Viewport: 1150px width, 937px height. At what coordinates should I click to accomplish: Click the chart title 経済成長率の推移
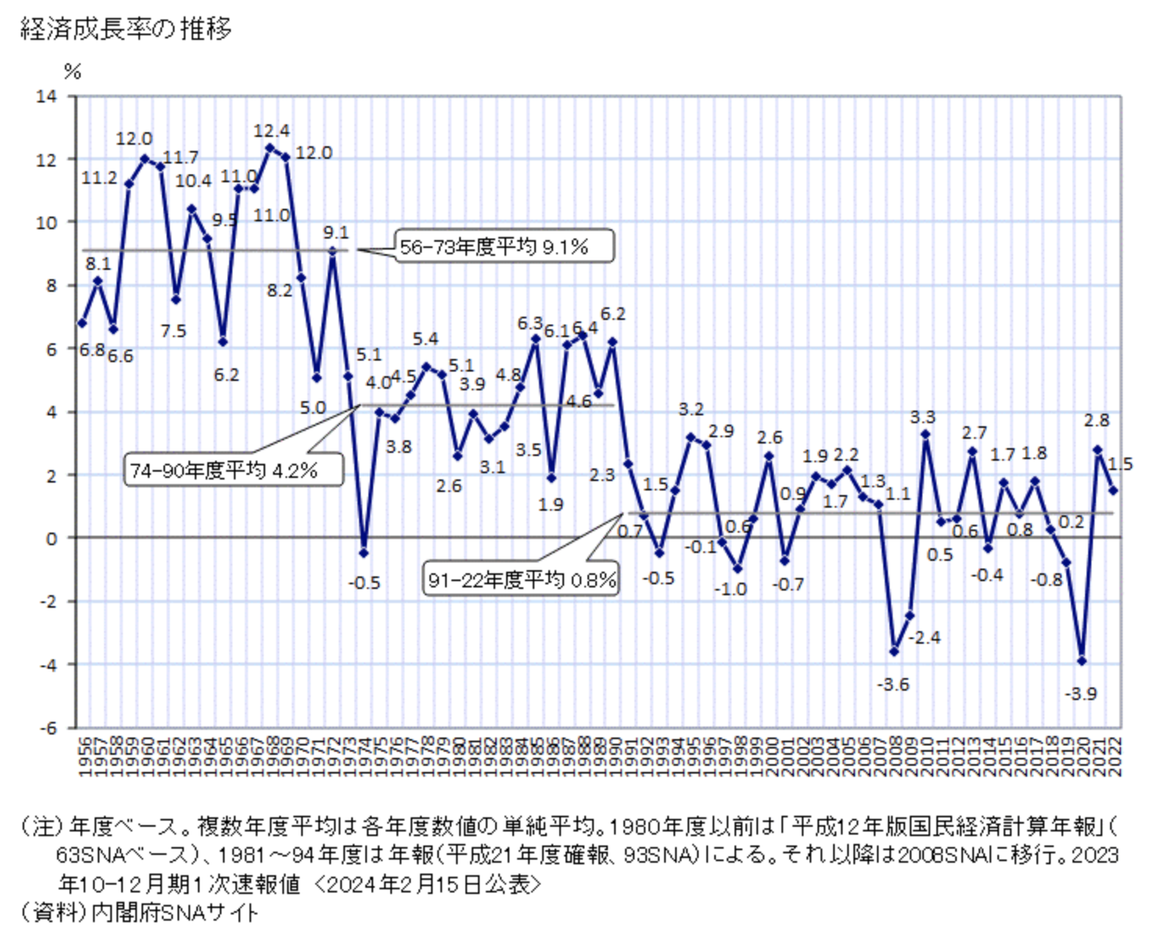click(126, 30)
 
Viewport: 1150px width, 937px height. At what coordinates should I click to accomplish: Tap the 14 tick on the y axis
click(47, 96)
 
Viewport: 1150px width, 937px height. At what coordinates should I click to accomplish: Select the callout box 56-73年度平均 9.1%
click(504, 246)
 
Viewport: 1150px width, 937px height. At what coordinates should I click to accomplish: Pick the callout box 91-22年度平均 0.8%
click(521, 580)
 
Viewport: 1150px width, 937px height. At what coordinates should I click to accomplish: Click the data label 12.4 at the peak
click(271, 131)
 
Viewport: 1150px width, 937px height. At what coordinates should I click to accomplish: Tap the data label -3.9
click(1080, 694)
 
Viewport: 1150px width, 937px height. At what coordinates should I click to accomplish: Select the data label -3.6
click(893, 684)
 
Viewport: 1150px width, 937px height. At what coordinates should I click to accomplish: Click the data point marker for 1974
click(364, 553)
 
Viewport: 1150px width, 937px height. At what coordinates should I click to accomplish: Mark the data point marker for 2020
click(1082, 661)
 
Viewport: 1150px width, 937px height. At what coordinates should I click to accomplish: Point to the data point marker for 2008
click(894, 652)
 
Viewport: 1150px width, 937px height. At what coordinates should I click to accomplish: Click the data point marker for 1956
click(82, 323)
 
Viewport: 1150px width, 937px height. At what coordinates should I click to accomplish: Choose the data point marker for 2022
click(1113, 490)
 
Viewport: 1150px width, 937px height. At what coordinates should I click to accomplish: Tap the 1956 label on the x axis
click(84, 756)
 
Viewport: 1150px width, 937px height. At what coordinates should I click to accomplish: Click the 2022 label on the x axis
click(1115, 756)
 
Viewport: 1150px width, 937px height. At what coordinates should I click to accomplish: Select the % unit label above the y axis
click(73, 72)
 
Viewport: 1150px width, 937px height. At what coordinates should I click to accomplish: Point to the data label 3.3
click(922, 417)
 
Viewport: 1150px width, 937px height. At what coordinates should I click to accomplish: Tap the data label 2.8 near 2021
click(1096, 420)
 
